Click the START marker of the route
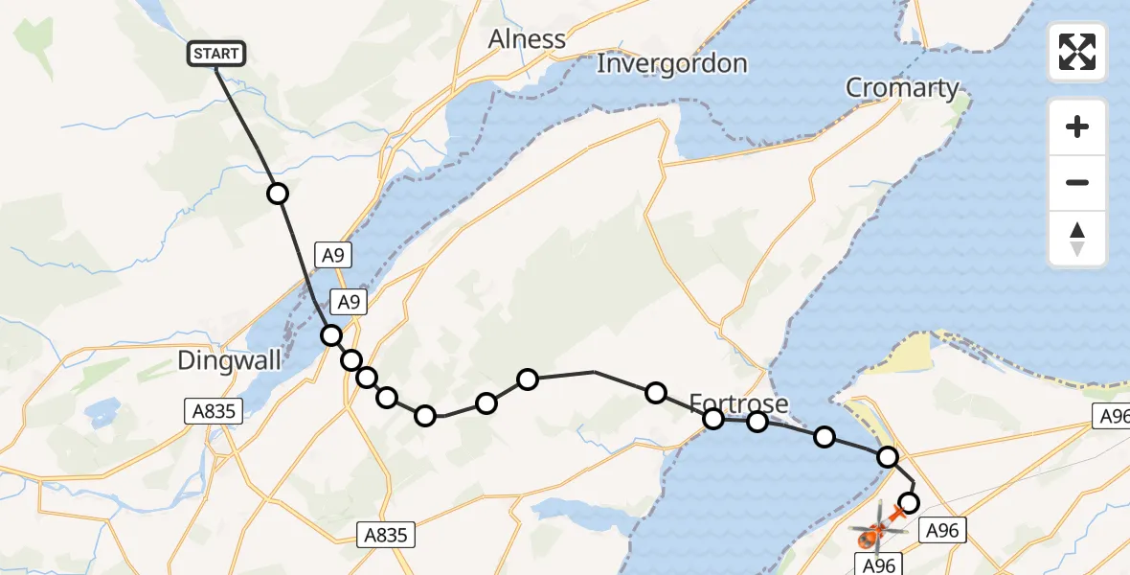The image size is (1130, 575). pyautogui.click(x=216, y=54)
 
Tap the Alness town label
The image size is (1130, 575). pyautogui.click(x=527, y=39)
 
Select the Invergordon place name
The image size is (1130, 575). pyautogui.click(x=671, y=64)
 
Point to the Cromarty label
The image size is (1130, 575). pyautogui.click(x=902, y=88)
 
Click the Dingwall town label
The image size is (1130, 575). pyautogui.click(x=230, y=361)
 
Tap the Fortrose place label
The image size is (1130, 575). pyautogui.click(x=738, y=402)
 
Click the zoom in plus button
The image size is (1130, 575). pyautogui.click(x=1077, y=126)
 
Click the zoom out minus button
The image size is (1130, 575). pyautogui.click(x=1077, y=182)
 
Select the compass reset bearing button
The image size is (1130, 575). pyautogui.click(x=1077, y=239)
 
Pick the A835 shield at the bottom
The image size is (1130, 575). pyautogui.click(x=387, y=535)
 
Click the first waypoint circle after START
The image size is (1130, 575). pyautogui.click(x=277, y=194)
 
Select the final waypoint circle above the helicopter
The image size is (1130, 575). pyautogui.click(x=909, y=503)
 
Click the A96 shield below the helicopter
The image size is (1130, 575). pyautogui.click(x=878, y=564)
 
